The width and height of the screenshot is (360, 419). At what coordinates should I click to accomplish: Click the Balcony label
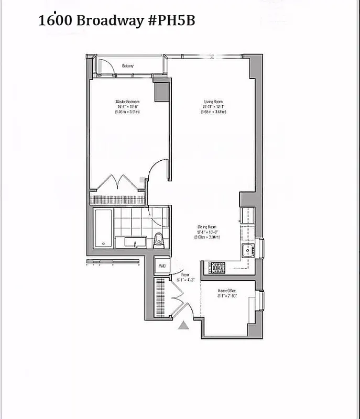pos(128,65)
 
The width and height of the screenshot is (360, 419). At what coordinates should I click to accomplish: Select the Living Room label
pos(213,102)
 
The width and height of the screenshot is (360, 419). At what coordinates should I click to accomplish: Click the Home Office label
pos(227,291)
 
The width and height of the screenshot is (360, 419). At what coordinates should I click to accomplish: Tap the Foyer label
pos(186,274)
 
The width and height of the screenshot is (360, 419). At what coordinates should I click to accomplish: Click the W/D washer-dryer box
pos(162,266)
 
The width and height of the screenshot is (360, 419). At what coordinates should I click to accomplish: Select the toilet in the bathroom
pos(160,241)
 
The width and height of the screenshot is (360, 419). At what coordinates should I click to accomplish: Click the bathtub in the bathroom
pos(103,228)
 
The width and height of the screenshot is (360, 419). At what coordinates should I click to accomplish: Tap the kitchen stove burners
pos(217,267)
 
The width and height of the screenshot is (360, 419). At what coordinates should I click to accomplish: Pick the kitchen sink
pos(247,250)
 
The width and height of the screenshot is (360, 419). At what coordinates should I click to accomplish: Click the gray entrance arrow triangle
pos(183,326)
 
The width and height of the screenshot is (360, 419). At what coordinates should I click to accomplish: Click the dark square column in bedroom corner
pos(161,91)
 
